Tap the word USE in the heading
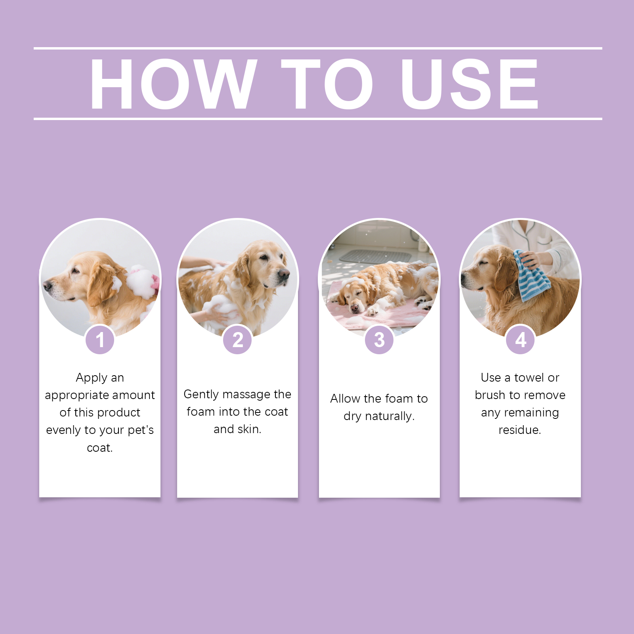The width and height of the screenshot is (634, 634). [470, 84]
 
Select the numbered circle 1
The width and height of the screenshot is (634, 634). [100, 340]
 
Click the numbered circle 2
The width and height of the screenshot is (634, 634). [237, 340]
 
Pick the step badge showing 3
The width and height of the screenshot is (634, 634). [379, 340]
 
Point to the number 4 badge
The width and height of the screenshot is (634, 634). [520, 340]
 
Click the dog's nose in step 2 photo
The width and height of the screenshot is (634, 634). [284, 274]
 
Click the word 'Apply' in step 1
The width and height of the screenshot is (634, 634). [91, 378]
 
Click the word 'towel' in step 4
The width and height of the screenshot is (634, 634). [529, 378]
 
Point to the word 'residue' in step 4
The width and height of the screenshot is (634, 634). [519, 430]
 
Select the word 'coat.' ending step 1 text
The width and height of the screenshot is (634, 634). [100, 448]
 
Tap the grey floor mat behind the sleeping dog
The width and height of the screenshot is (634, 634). [375, 256]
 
